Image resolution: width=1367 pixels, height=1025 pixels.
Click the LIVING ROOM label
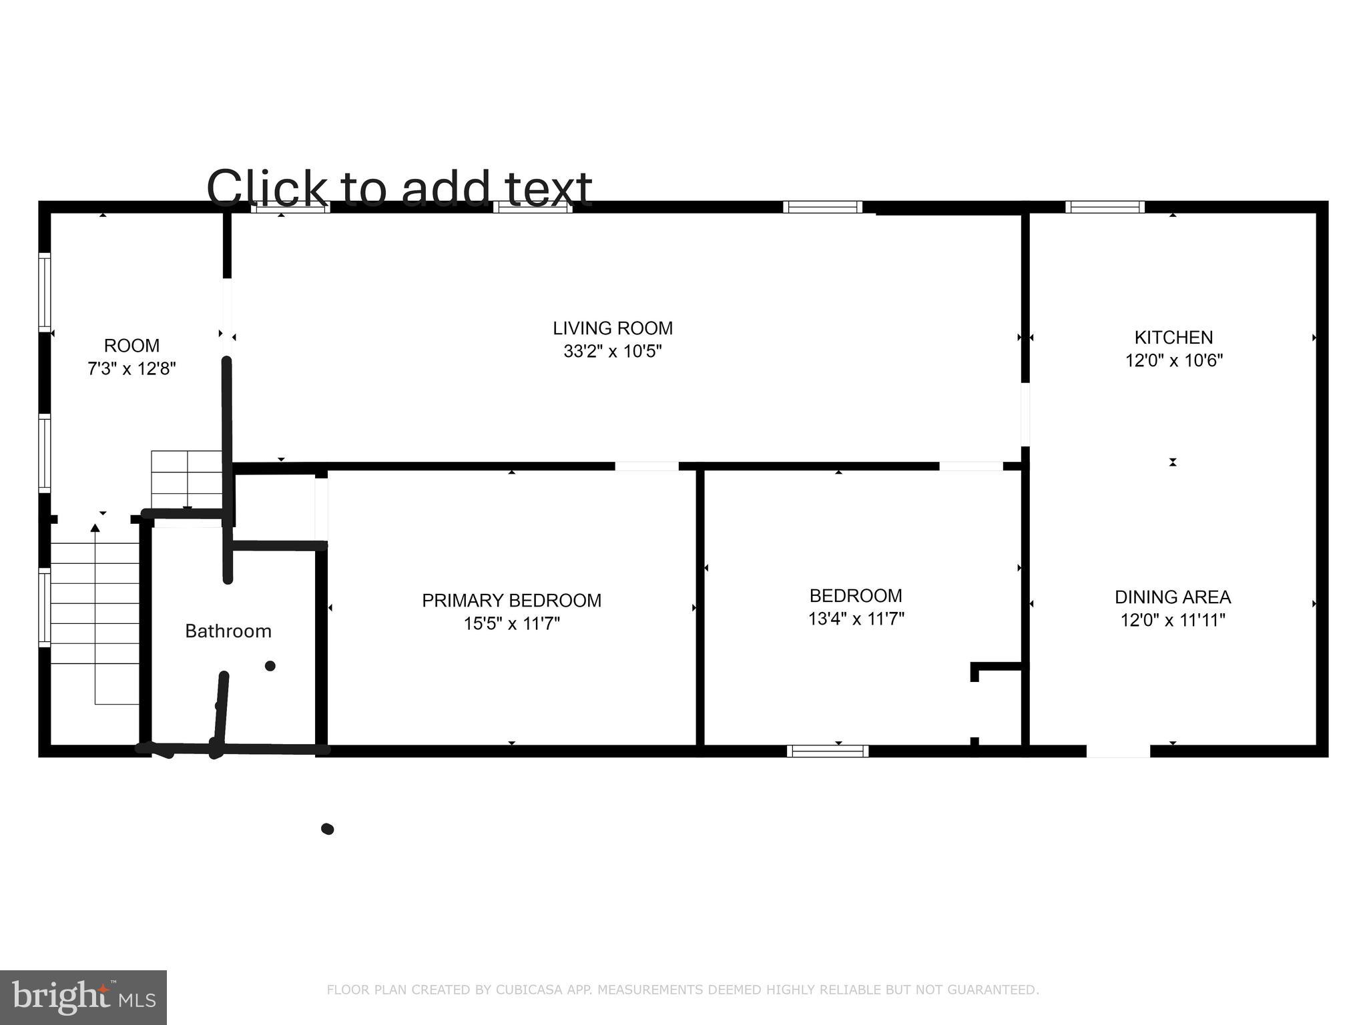point(612,328)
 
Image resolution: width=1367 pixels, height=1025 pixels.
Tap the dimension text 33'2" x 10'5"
point(612,351)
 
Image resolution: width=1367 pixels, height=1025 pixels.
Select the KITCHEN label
point(1173,338)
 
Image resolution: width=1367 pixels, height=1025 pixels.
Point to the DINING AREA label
point(1173,597)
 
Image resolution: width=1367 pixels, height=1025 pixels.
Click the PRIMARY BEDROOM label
point(511,601)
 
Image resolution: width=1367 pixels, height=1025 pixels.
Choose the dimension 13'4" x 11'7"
point(856,619)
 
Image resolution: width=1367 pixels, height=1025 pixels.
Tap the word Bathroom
point(228,631)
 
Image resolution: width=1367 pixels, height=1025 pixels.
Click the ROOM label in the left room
point(131,346)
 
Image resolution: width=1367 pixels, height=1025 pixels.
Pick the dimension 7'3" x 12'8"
point(131,368)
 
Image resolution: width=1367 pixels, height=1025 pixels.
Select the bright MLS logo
point(83,998)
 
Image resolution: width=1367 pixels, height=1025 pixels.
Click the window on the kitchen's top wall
point(1105,208)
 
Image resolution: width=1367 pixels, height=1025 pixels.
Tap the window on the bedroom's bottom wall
point(828,751)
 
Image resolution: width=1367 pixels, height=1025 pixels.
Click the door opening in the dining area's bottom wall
point(1118,751)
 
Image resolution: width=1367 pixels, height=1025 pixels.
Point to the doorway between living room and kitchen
point(1025,414)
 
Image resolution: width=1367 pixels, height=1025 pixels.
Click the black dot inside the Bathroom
point(270,666)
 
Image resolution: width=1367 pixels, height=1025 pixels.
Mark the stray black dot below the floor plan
point(327,829)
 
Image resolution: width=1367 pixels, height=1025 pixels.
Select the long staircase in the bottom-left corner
point(95,621)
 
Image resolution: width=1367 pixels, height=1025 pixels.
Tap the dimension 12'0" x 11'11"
point(1173,621)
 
